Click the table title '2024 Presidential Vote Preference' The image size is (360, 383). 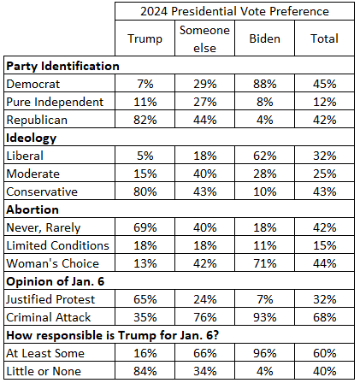[x=234, y=11]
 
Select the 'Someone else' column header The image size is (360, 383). [x=204, y=38]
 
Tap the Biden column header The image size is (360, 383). [x=265, y=38]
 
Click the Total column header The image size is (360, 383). [x=324, y=38]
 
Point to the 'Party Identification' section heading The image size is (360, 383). [x=62, y=66]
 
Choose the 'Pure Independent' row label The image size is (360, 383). [x=55, y=102]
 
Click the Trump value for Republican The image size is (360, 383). [x=145, y=120]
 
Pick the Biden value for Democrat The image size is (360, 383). [x=265, y=84]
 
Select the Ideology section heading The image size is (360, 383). [x=32, y=138]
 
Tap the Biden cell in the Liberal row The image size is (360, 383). [x=265, y=156]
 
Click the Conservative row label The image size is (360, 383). [x=42, y=191]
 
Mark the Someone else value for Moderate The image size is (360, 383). [x=205, y=174]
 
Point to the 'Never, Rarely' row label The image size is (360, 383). [x=44, y=227]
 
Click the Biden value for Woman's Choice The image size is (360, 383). [x=265, y=263]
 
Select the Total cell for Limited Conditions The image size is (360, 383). [x=325, y=245]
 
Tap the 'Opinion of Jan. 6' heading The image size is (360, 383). [x=56, y=281]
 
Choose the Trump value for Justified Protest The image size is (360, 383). [x=145, y=299]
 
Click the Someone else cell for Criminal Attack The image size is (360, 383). [x=205, y=317]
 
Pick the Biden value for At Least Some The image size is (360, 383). [x=265, y=353]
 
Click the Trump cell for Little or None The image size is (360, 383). [x=145, y=371]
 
